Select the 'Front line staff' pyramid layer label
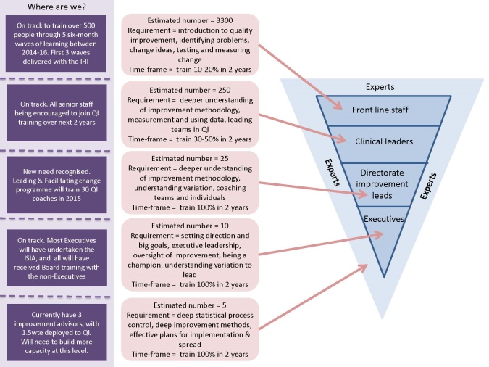click(x=372, y=110)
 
